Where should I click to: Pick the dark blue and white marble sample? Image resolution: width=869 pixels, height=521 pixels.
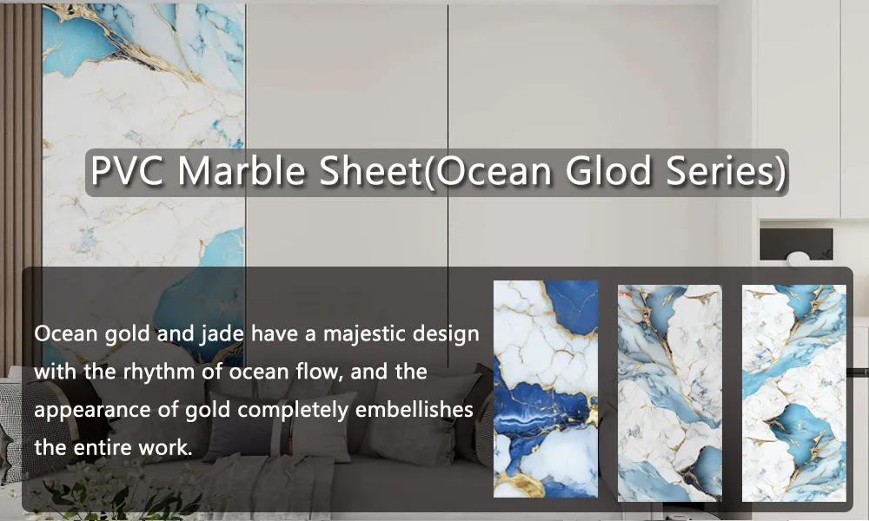(x=546, y=390)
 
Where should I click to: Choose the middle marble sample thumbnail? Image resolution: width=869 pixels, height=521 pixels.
(x=669, y=392)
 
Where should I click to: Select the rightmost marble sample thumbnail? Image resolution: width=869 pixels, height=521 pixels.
(x=793, y=392)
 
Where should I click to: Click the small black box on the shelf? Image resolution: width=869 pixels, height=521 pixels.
(x=796, y=244)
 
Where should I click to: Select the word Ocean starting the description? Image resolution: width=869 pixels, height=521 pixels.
(x=62, y=334)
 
